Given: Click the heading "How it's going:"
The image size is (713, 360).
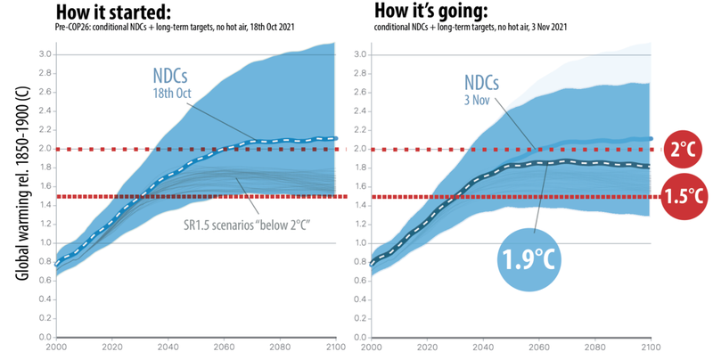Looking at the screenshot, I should click(432, 12).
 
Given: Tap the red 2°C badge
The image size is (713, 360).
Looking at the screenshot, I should click(683, 149).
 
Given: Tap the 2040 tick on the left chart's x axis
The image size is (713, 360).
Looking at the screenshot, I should click(168, 349).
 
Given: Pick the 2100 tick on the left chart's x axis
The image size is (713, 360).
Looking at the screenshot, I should click(334, 349).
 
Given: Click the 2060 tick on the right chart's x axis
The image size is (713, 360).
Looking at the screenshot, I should click(539, 349).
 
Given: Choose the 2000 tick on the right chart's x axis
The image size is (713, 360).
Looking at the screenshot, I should click(372, 349).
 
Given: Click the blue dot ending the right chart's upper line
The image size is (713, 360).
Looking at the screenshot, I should click(650, 139).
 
